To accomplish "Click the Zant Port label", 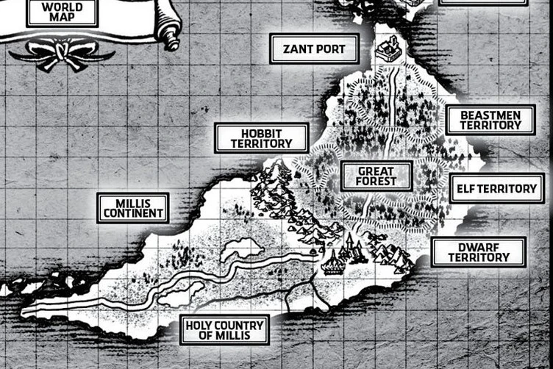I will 314,49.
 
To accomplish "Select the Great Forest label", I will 377,176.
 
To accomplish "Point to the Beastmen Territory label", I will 490,120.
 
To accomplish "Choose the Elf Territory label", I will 496,189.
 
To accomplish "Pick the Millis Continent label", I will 133,208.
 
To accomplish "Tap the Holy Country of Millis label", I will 224,330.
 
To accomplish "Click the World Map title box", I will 63,12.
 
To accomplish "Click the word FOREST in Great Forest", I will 377,182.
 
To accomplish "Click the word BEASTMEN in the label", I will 490,115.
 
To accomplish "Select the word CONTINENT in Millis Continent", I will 133,213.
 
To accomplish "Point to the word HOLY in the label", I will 199,325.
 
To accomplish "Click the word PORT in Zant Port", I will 330,49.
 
